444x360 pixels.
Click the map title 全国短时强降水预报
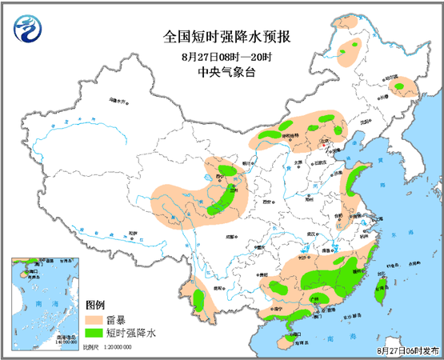[x=221, y=37]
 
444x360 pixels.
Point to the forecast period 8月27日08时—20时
[x=221, y=55]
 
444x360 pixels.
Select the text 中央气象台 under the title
[x=221, y=71]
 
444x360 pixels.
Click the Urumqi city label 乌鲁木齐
[x=118, y=102]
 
